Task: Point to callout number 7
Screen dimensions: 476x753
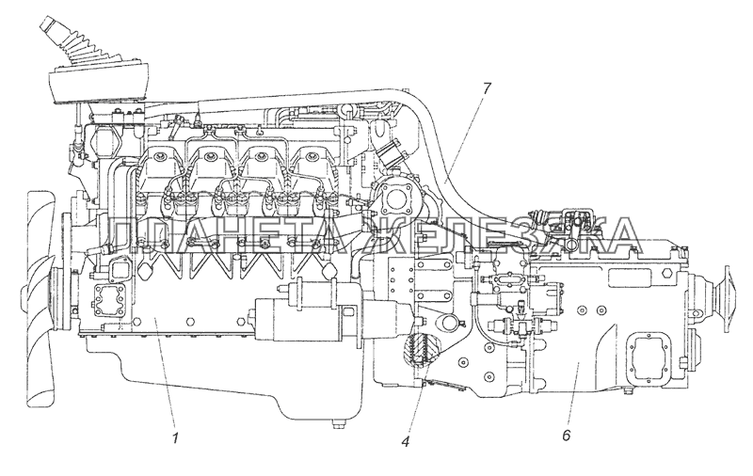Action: pyautogui.click(x=486, y=88)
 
